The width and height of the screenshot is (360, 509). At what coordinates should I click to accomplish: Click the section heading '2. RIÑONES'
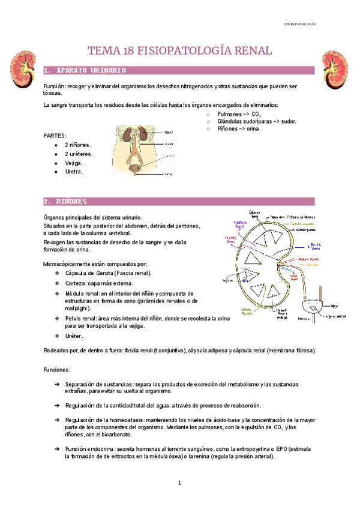(x=65, y=201)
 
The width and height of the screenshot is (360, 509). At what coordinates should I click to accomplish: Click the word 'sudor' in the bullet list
(x=285, y=121)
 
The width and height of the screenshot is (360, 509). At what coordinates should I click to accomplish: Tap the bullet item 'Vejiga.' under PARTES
(x=74, y=163)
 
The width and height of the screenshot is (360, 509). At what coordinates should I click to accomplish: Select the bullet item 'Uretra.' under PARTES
(x=74, y=172)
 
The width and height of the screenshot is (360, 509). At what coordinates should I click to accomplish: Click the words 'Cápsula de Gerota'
(x=94, y=273)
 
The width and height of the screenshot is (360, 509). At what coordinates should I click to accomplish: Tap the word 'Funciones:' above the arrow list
(x=58, y=370)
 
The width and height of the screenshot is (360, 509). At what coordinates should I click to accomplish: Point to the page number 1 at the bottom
(x=179, y=483)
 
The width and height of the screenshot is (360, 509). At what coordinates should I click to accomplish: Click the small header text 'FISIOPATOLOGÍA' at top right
(x=299, y=24)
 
